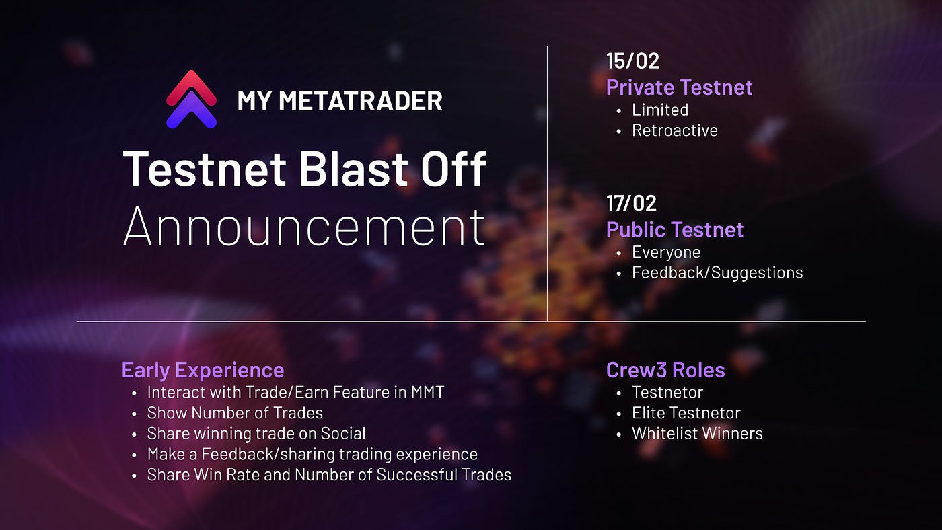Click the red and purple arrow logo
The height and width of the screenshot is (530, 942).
click(192, 100)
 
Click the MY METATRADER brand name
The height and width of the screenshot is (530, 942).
click(340, 101)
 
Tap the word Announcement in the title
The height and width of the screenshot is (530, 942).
click(304, 227)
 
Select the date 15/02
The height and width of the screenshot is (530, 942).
click(632, 61)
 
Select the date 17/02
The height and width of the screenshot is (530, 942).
click(631, 203)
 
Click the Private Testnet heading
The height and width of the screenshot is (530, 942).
click(679, 87)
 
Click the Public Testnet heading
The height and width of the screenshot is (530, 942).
click(675, 229)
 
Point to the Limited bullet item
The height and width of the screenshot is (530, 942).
click(659, 110)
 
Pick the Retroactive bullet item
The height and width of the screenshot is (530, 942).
click(674, 130)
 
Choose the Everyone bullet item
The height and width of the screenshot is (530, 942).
click(665, 252)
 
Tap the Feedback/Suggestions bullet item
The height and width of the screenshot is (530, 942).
click(717, 272)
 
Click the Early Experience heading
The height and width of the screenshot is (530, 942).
click(203, 370)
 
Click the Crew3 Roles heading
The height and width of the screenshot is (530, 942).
click(665, 370)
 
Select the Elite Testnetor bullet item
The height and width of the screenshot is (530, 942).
click(686, 413)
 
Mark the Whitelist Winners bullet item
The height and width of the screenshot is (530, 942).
click(697, 434)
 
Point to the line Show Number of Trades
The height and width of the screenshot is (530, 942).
click(235, 413)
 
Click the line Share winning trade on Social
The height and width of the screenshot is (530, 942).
click(256, 434)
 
